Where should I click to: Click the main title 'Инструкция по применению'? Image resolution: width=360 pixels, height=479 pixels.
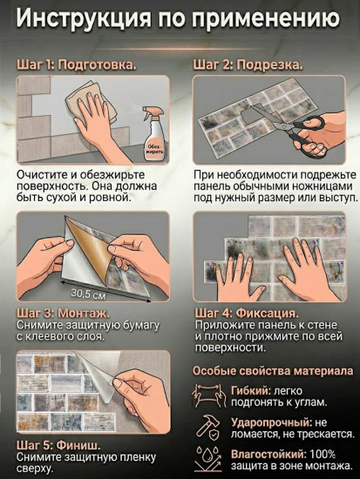180,18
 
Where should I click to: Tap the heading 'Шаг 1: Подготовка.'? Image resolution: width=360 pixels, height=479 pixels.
78,65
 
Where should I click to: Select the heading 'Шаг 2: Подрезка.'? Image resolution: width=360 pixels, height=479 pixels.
248,65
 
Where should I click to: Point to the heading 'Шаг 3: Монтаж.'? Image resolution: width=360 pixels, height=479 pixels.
64,313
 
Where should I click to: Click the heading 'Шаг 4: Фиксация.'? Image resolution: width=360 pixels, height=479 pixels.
246,313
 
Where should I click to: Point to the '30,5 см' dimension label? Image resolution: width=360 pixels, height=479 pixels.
85,292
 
